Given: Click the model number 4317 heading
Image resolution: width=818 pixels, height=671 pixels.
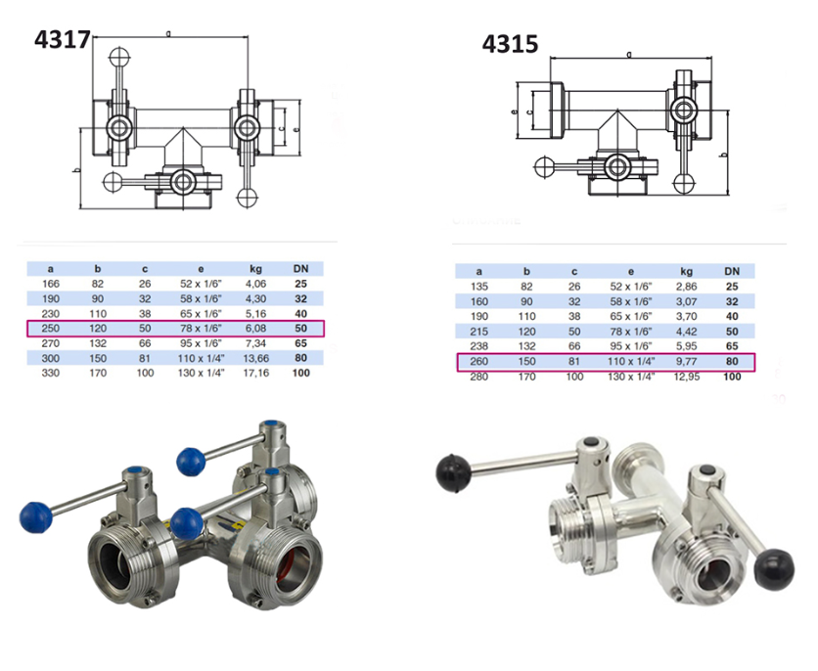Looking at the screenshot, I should click(62, 40).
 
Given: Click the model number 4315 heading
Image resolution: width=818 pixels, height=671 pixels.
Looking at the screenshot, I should click(510, 45).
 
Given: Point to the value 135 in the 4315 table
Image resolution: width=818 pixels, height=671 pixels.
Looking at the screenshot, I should click(478, 286).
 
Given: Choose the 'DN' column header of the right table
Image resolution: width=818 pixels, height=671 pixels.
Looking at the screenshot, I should click(731, 271).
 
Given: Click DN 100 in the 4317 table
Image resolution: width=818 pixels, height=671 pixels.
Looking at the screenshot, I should click(301, 375).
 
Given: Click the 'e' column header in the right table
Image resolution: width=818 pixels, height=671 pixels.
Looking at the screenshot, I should click(630, 271).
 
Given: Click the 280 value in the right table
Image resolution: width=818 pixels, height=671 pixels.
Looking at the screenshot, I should click(478, 378).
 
